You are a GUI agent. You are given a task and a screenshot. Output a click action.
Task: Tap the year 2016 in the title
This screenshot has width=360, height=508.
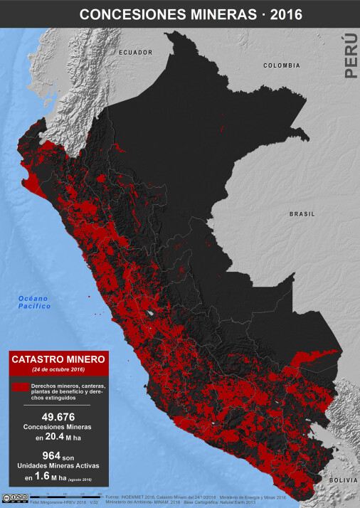point(281,14)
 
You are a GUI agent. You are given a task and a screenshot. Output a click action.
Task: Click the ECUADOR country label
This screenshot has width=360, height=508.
point(136,53)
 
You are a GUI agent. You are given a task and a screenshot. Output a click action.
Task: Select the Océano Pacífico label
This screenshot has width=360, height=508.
point(35,302)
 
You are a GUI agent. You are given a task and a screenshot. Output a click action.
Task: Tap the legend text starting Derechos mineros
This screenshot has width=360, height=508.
point(68,392)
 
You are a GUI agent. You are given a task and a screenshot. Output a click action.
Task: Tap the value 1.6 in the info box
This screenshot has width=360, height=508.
point(45,478)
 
